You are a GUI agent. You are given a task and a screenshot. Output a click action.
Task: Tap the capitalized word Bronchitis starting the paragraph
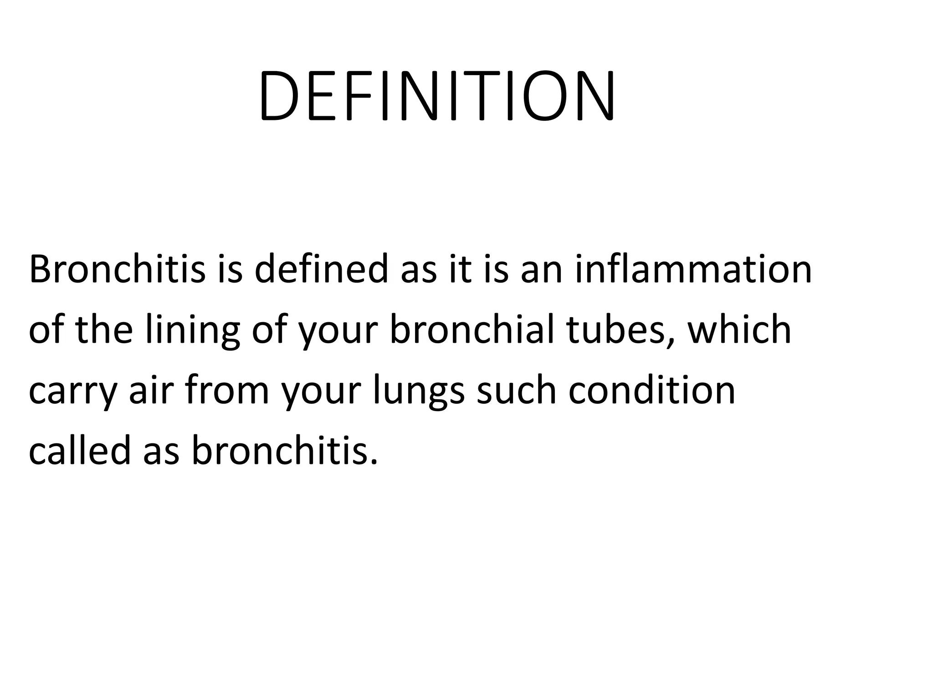pyautogui.click(x=117, y=269)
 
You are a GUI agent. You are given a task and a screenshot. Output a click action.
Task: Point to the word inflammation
pyautogui.click(x=693, y=269)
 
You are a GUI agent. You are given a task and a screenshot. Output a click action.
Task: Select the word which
pyautogui.click(x=739, y=329)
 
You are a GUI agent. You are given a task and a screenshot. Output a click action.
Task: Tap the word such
pyautogui.click(x=517, y=391)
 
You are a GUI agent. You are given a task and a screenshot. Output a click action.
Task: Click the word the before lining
pyautogui.click(x=104, y=329)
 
